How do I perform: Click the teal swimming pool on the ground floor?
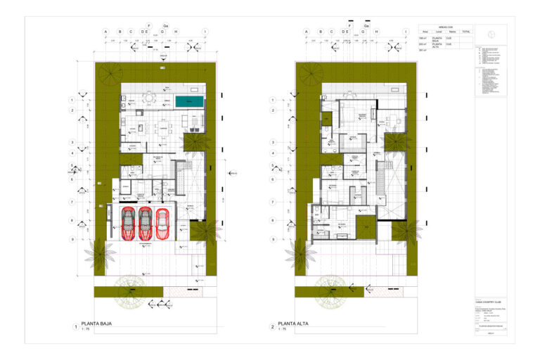pos(190,102)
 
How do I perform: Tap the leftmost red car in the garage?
pos(129,223)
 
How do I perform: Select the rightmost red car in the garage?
pos(162,223)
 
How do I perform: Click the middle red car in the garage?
pos(146,223)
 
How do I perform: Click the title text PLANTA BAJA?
pos(98,324)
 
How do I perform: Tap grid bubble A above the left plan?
pos(105,32)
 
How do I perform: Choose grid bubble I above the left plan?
pos(205,32)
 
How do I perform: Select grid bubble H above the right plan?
pos(377,32)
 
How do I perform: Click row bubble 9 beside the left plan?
pos(72,239)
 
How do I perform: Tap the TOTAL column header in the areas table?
pos(466,32)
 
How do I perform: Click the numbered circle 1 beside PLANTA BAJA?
pos(75,326)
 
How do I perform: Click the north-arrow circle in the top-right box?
pos(491,32)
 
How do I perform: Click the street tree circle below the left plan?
pos(131,289)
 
